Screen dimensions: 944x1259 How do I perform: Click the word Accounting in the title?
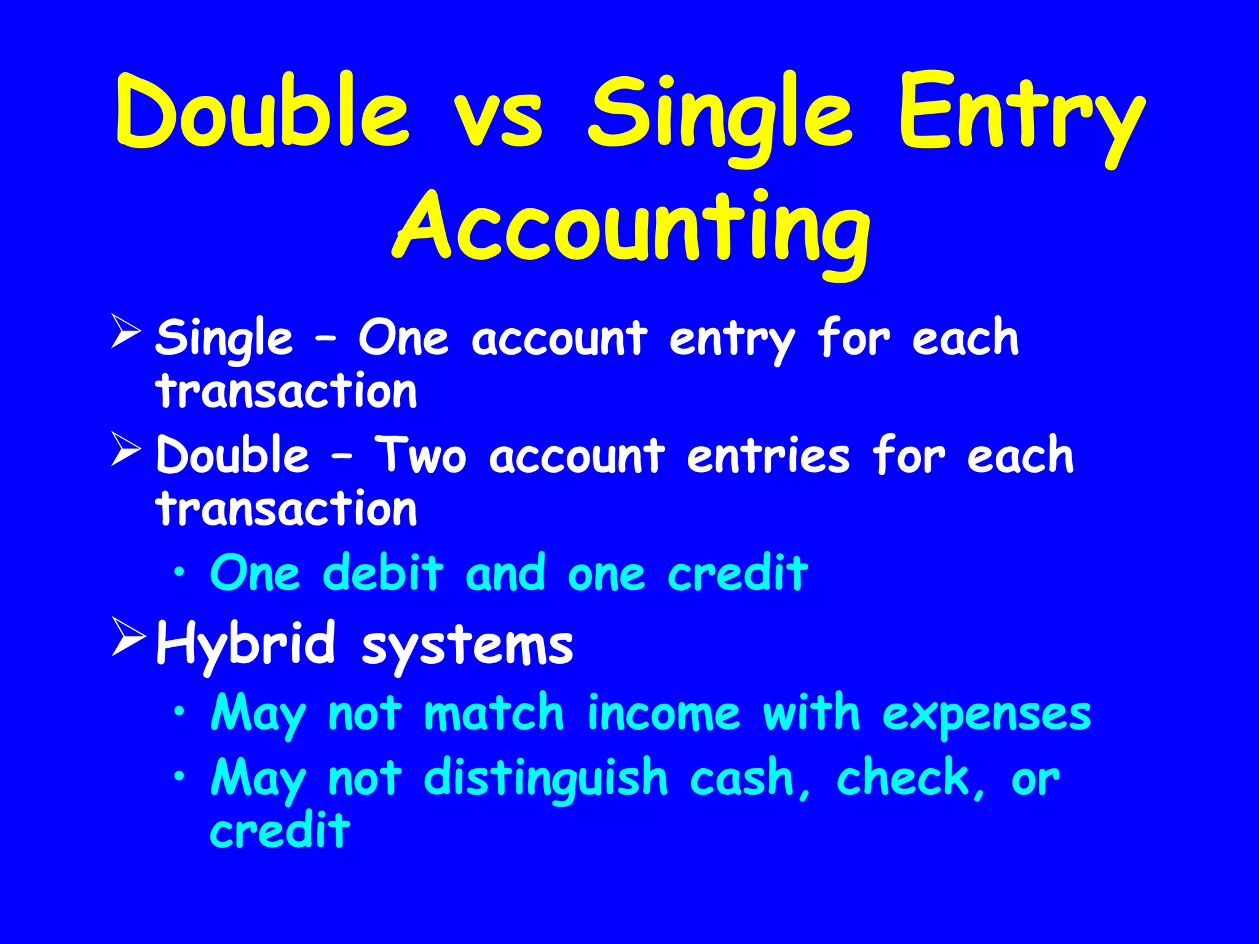tap(631, 230)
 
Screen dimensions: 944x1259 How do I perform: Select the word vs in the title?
tap(498, 117)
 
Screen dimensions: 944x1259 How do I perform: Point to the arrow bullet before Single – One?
tap(127, 331)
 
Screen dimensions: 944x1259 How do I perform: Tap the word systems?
tap(467, 648)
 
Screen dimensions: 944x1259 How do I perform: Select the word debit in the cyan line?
tap(382, 573)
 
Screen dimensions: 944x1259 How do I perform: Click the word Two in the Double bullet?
tap(421, 456)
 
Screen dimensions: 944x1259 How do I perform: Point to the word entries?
tap(768, 456)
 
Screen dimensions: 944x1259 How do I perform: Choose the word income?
tap(663, 713)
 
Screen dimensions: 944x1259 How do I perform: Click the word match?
tap(494, 713)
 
